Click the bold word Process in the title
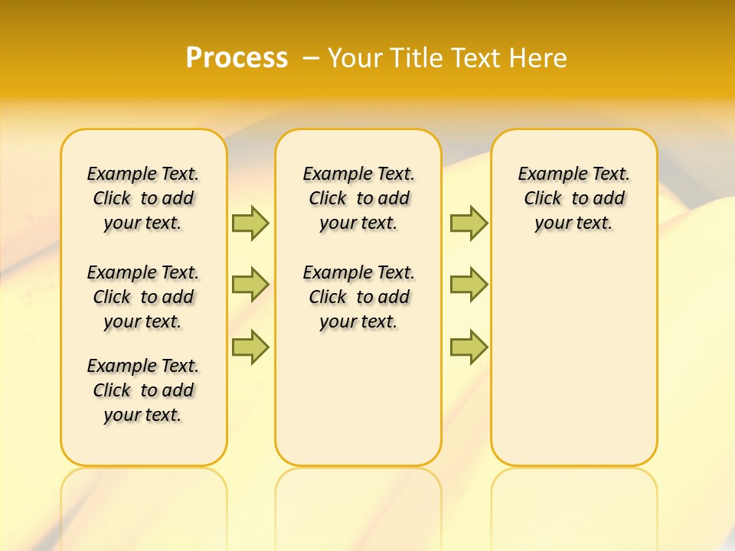coord(237,57)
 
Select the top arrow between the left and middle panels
coord(250,223)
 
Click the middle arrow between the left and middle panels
coord(250,285)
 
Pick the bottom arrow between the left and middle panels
coord(250,347)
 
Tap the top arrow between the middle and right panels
coord(469,223)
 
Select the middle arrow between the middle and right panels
coord(469,285)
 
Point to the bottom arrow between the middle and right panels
coord(469,347)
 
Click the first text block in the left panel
coord(143,198)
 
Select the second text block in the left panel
coord(143,297)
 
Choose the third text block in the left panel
coord(143,390)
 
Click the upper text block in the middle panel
coord(359,198)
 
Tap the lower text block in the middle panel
coord(359,297)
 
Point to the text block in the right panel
coord(574,198)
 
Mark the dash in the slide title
coord(311,58)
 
